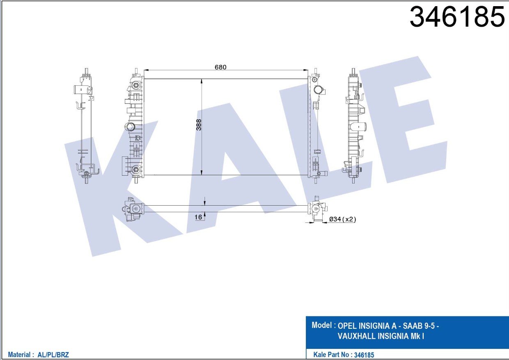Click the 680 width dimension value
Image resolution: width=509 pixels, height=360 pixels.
click(x=220, y=67)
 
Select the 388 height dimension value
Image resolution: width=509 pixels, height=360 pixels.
click(x=199, y=125)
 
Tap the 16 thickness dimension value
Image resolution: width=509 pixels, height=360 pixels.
click(x=198, y=217)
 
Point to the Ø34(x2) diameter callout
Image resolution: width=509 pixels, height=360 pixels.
click(x=343, y=219)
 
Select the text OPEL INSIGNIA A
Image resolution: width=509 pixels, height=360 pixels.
click(x=367, y=326)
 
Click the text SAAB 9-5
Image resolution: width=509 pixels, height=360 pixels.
click(x=419, y=326)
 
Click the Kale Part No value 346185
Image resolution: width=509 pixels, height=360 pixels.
click(x=364, y=355)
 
